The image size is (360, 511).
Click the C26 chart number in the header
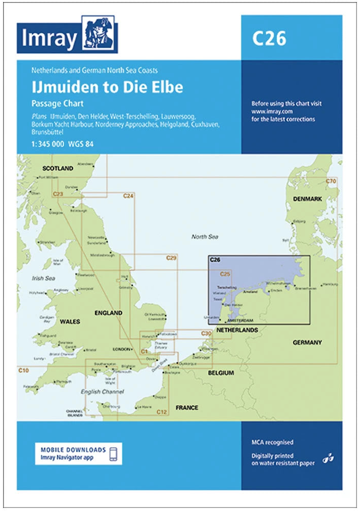(x=269, y=38)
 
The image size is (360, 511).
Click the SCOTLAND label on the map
(x=58, y=168)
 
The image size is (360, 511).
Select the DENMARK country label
(x=307, y=199)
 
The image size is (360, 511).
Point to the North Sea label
(x=205, y=237)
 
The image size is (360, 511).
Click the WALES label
(x=70, y=321)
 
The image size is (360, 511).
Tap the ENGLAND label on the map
(x=108, y=313)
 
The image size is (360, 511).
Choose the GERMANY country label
(x=307, y=342)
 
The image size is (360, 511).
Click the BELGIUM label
(x=221, y=373)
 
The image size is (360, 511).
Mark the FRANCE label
(x=187, y=408)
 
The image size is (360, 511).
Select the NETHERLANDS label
(x=237, y=331)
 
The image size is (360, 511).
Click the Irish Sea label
(x=43, y=278)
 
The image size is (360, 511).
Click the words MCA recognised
(x=273, y=443)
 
